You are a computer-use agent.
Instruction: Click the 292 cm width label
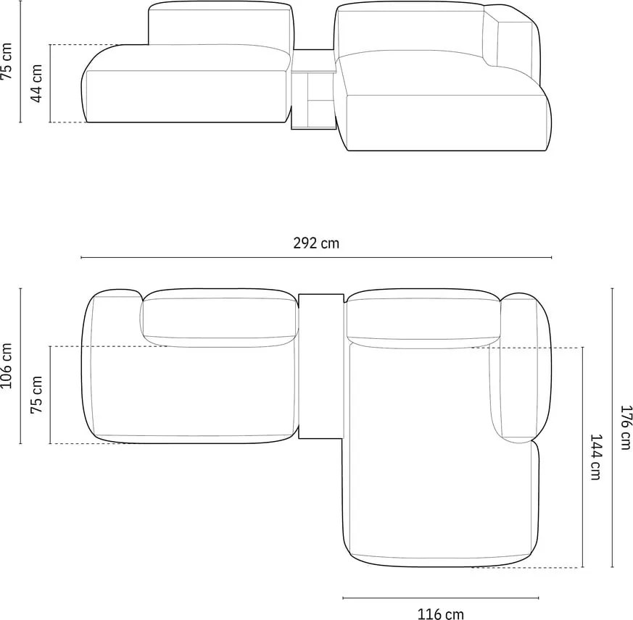[x=315, y=243]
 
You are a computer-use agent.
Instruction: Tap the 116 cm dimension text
[x=440, y=613]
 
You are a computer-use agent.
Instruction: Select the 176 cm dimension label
[x=626, y=427]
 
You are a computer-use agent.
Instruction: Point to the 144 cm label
[x=595, y=457]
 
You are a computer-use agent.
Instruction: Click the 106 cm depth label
[x=7, y=366]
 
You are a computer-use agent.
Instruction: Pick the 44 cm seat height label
[x=37, y=83]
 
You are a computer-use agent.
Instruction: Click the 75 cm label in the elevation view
[x=7, y=62]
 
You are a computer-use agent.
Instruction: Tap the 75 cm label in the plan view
[x=37, y=395]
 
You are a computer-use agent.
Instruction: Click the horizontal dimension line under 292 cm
[x=315, y=257]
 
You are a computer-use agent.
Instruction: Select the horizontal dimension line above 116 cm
[x=440, y=598]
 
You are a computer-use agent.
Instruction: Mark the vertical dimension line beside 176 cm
[x=613, y=427]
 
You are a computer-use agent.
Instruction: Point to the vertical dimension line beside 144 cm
[x=582, y=457]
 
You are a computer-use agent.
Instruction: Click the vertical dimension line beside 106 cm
[x=20, y=366]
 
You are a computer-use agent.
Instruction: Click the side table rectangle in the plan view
[x=320, y=366]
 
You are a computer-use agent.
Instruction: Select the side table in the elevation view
[x=313, y=91]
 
